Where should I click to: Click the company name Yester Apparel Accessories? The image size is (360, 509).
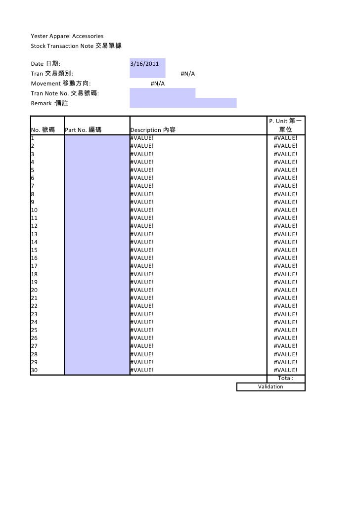coord(67,37)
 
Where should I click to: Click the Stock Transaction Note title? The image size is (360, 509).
coord(76,46)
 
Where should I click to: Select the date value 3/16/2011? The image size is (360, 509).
coord(144,64)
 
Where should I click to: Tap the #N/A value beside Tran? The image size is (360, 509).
coord(187,74)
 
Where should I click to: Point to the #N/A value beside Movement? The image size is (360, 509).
coord(157,84)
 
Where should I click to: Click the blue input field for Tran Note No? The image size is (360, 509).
coord(162,93)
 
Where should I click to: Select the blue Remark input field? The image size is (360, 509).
coord(183,103)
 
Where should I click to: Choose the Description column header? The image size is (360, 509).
coord(152,130)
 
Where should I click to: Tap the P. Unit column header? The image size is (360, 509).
coord(286,126)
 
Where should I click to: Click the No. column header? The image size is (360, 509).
coord(43,130)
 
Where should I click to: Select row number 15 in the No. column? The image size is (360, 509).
coord(35,250)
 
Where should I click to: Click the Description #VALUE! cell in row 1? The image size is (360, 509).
coord(142,138)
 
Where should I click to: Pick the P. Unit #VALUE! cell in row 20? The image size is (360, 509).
coord(285,290)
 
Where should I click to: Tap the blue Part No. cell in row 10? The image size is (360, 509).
coord(97,210)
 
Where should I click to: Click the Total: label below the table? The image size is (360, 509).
coord(285,379)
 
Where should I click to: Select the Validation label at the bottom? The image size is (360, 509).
coord(270,386)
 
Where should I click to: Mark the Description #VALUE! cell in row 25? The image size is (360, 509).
coord(142,330)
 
